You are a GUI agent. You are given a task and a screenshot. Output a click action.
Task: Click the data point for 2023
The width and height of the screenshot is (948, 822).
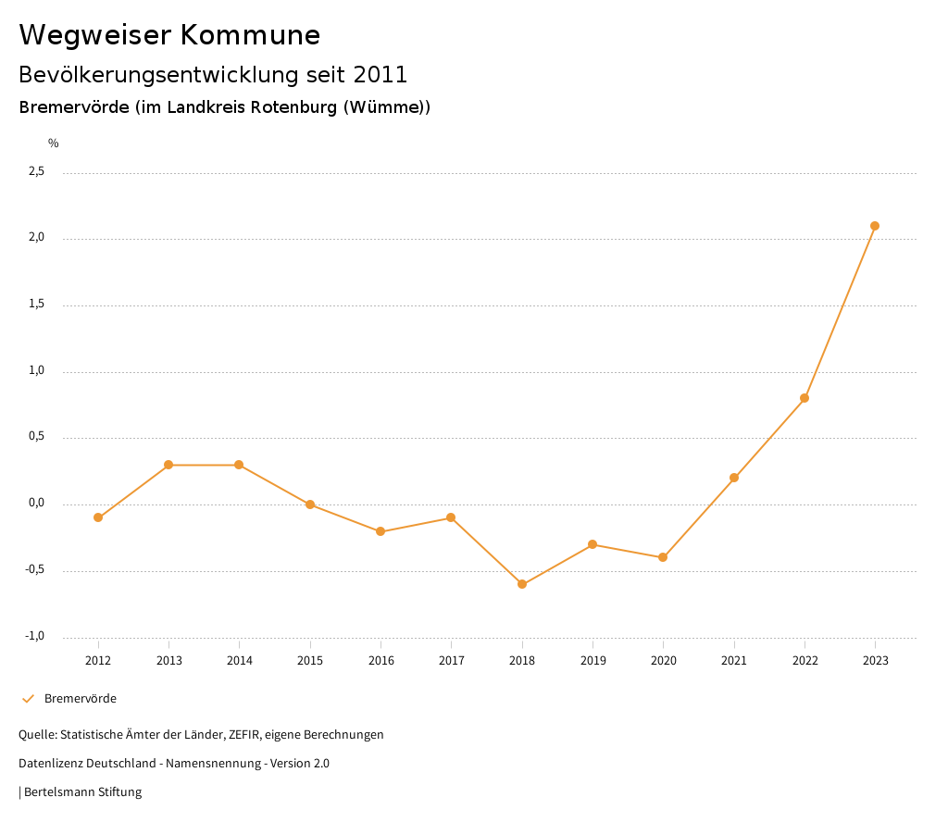[875, 226]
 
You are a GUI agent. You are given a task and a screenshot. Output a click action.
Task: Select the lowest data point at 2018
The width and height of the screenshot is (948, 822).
[522, 584]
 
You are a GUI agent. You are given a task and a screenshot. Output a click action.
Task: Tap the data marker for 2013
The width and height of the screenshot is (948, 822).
[168, 465]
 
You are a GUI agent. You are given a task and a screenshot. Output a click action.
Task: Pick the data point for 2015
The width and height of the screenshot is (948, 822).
[310, 504]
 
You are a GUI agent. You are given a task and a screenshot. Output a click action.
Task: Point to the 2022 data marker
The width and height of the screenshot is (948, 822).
[805, 398]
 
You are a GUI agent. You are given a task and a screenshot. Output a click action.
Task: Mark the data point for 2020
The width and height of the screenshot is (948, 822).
[663, 557]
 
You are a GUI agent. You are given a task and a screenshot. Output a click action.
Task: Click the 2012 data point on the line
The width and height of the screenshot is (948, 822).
[98, 517]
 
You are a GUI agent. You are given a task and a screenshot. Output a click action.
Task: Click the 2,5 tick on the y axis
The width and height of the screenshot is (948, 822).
[36, 171]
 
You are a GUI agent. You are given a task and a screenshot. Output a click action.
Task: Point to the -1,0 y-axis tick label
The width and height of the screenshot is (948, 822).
[35, 636]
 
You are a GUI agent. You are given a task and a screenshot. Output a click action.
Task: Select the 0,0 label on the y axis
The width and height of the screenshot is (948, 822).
[36, 504]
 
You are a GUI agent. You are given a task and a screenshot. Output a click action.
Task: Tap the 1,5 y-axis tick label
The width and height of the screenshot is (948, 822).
[36, 305]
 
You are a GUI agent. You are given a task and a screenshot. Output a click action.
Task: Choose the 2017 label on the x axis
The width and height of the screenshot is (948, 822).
[451, 661]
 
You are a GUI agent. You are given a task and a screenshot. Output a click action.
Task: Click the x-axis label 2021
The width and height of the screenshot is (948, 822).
[734, 661]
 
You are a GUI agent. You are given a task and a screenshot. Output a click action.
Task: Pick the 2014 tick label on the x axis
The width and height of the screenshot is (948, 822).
[239, 661]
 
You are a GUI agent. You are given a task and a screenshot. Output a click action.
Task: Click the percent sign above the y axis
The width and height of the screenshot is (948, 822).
[54, 143]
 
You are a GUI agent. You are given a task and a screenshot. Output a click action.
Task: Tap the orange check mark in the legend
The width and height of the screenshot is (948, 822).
[28, 699]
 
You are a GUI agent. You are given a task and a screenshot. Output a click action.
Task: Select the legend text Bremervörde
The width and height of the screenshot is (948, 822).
[81, 699]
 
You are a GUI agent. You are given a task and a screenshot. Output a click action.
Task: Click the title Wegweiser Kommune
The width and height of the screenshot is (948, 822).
[169, 35]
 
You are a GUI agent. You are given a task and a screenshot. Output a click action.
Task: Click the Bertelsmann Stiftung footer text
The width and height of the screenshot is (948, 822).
[82, 792]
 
